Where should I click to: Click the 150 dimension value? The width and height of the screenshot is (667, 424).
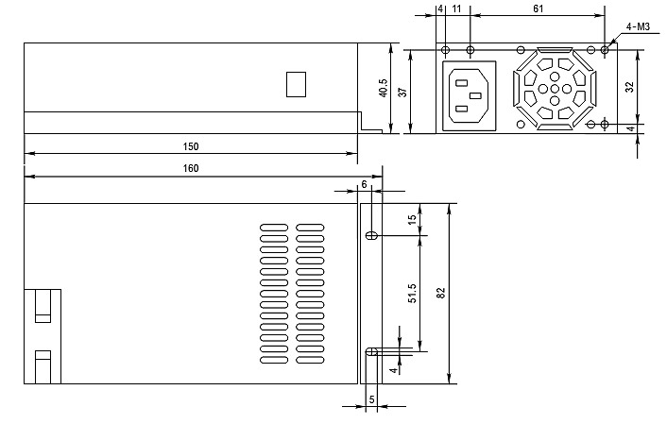pos(190,146)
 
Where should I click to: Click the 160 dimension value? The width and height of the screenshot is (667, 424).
pos(190,168)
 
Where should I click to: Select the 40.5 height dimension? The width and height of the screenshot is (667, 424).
pos(383,88)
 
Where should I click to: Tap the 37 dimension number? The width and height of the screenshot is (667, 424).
pos(402,92)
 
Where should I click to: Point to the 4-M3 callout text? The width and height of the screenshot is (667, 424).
pos(636,27)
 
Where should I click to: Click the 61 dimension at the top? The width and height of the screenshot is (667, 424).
pos(538,8)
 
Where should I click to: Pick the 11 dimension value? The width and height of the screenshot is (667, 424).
pos(457,8)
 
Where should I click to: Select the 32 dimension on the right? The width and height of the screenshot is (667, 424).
pos(630,86)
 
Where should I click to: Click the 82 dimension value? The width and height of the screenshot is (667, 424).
pos(440,293)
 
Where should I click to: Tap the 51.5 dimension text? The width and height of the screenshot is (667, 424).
pos(412,293)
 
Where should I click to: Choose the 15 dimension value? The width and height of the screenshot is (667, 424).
pos(412,219)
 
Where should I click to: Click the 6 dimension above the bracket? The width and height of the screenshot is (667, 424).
pos(364,184)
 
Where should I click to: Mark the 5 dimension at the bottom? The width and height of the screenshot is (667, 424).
pos(371,399)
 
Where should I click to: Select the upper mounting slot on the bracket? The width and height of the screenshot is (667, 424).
pos(371,235)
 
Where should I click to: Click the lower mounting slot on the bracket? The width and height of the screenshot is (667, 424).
pos(371,353)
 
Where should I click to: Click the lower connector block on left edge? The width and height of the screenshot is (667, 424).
pos(43,365)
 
